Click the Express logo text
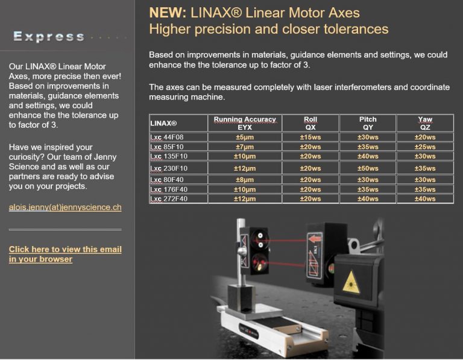[x=49, y=36]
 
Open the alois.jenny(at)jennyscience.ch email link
[x=65, y=207]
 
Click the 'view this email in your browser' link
[x=65, y=254]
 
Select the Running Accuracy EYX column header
[x=245, y=123]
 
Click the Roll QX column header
[x=310, y=123]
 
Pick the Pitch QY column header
[x=368, y=123]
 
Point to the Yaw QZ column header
[x=425, y=123]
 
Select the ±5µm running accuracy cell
[x=245, y=137]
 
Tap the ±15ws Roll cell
[x=310, y=137]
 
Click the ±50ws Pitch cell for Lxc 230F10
[x=368, y=168]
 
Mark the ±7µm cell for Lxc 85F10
[x=245, y=147]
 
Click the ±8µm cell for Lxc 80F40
[x=245, y=180]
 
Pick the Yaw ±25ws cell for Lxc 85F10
[x=425, y=147]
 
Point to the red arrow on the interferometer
[x=314, y=238]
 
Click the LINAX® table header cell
[x=163, y=123]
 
